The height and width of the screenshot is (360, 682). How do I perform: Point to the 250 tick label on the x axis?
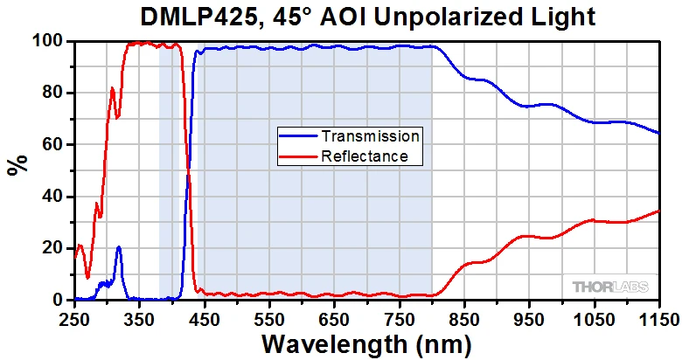(x=74, y=318)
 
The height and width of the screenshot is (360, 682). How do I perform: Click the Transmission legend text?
(x=371, y=136)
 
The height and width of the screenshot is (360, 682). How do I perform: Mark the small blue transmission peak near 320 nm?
(x=118, y=248)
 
